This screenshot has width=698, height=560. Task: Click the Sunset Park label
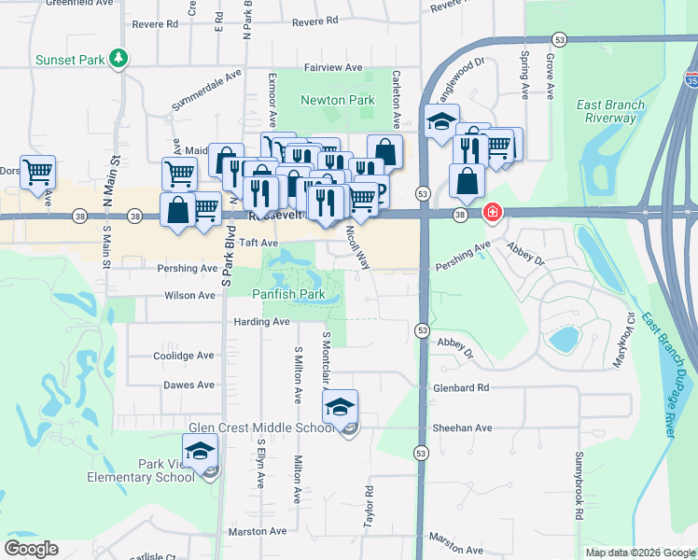pos(69,60)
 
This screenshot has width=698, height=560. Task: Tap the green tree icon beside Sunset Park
pos(118,60)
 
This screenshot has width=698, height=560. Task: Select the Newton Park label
pos(337,100)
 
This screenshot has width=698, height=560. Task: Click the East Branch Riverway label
pos(611,111)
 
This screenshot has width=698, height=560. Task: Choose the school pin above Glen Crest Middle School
pos(341,405)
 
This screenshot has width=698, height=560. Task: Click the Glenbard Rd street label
pos(461,388)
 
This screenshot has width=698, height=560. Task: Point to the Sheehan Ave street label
pos(462,427)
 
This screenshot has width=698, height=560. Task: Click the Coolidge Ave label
pos(184,356)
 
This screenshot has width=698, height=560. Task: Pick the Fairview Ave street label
pos(334,68)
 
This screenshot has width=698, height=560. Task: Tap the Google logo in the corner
pos(31,548)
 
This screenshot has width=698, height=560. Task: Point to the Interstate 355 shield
pos(690,78)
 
